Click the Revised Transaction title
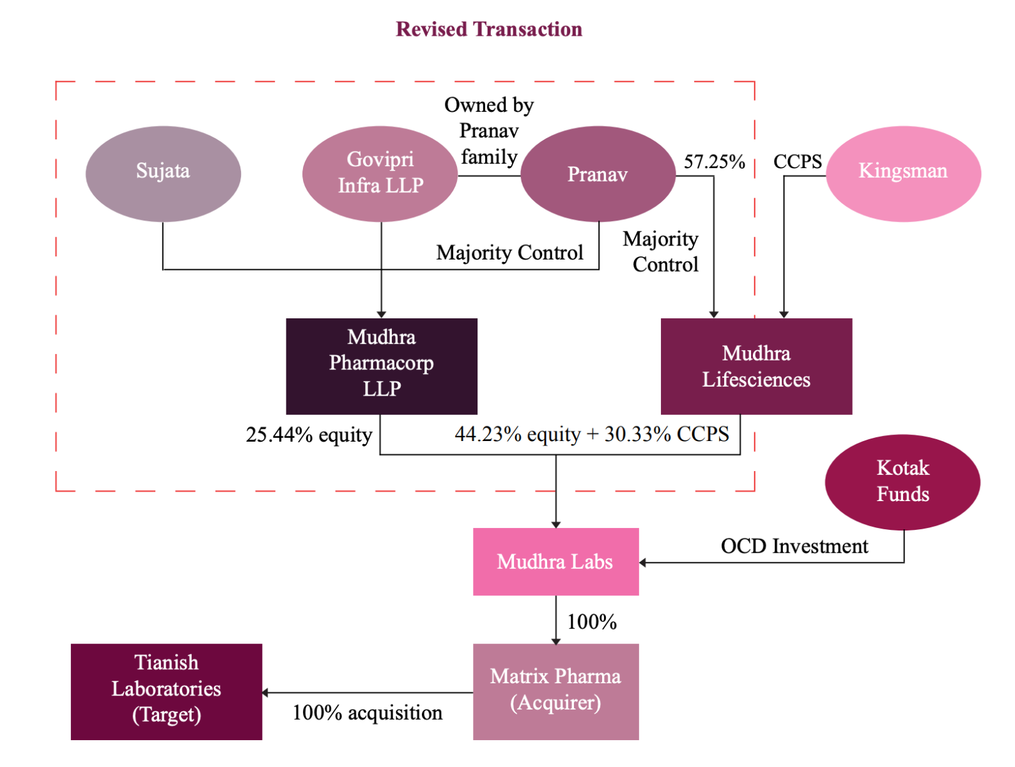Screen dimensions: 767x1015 click(489, 29)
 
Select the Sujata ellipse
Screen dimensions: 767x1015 click(163, 173)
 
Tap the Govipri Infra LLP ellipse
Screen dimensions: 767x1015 click(380, 173)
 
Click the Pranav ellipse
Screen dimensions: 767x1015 click(598, 174)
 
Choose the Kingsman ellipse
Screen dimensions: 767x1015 click(903, 173)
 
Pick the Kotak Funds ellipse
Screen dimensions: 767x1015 click(903, 481)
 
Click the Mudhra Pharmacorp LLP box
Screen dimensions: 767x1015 click(382, 366)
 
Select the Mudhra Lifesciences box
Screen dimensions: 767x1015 click(756, 366)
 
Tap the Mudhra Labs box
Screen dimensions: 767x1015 click(555, 562)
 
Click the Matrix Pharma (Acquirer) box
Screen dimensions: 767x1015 click(555, 691)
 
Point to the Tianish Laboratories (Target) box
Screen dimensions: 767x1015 click(166, 691)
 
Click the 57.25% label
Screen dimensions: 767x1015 click(714, 162)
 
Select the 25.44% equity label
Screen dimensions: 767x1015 click(309, 435)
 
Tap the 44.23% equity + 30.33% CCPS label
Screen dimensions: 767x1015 click(592, 435)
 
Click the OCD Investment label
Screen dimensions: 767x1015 click(794, 546)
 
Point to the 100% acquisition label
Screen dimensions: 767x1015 click(368, 713)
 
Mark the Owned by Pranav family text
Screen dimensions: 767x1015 click(489, 131)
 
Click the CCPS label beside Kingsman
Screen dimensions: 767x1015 click(797, 162)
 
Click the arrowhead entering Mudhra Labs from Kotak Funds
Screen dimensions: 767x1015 click(643, 562)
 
